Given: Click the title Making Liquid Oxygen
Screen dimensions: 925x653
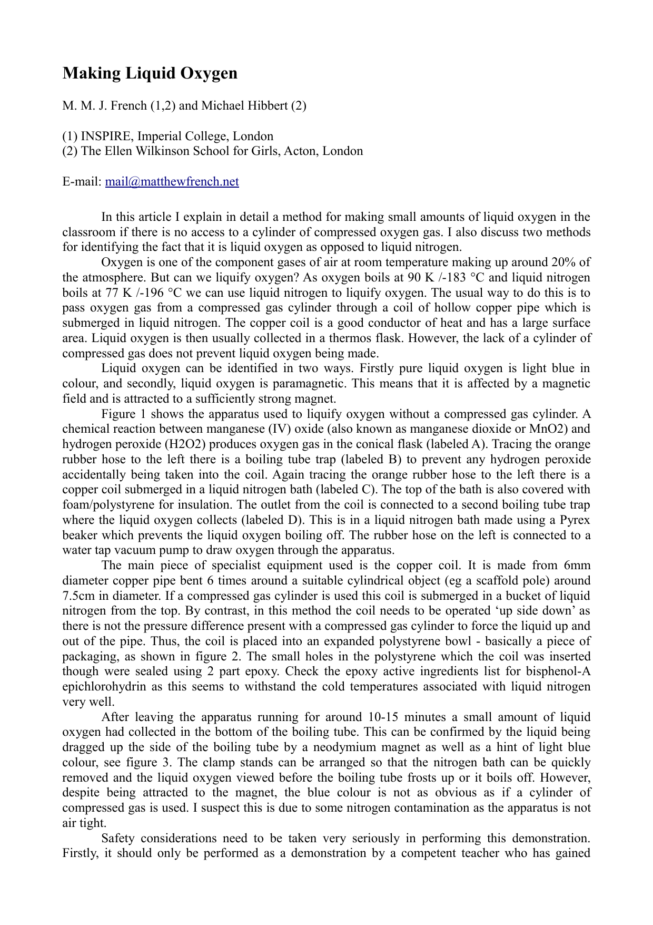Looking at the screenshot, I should [x=150, y=73].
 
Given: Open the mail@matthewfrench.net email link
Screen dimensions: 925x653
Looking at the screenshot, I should [x=172, y=182].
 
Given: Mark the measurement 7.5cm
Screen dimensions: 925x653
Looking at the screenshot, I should [x=77, y=596].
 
